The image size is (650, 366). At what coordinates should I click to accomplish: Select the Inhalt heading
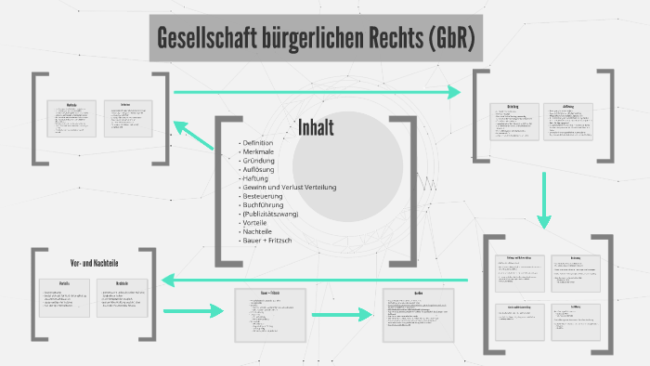[316, 127]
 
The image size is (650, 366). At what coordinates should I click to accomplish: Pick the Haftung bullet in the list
[257, 177]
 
